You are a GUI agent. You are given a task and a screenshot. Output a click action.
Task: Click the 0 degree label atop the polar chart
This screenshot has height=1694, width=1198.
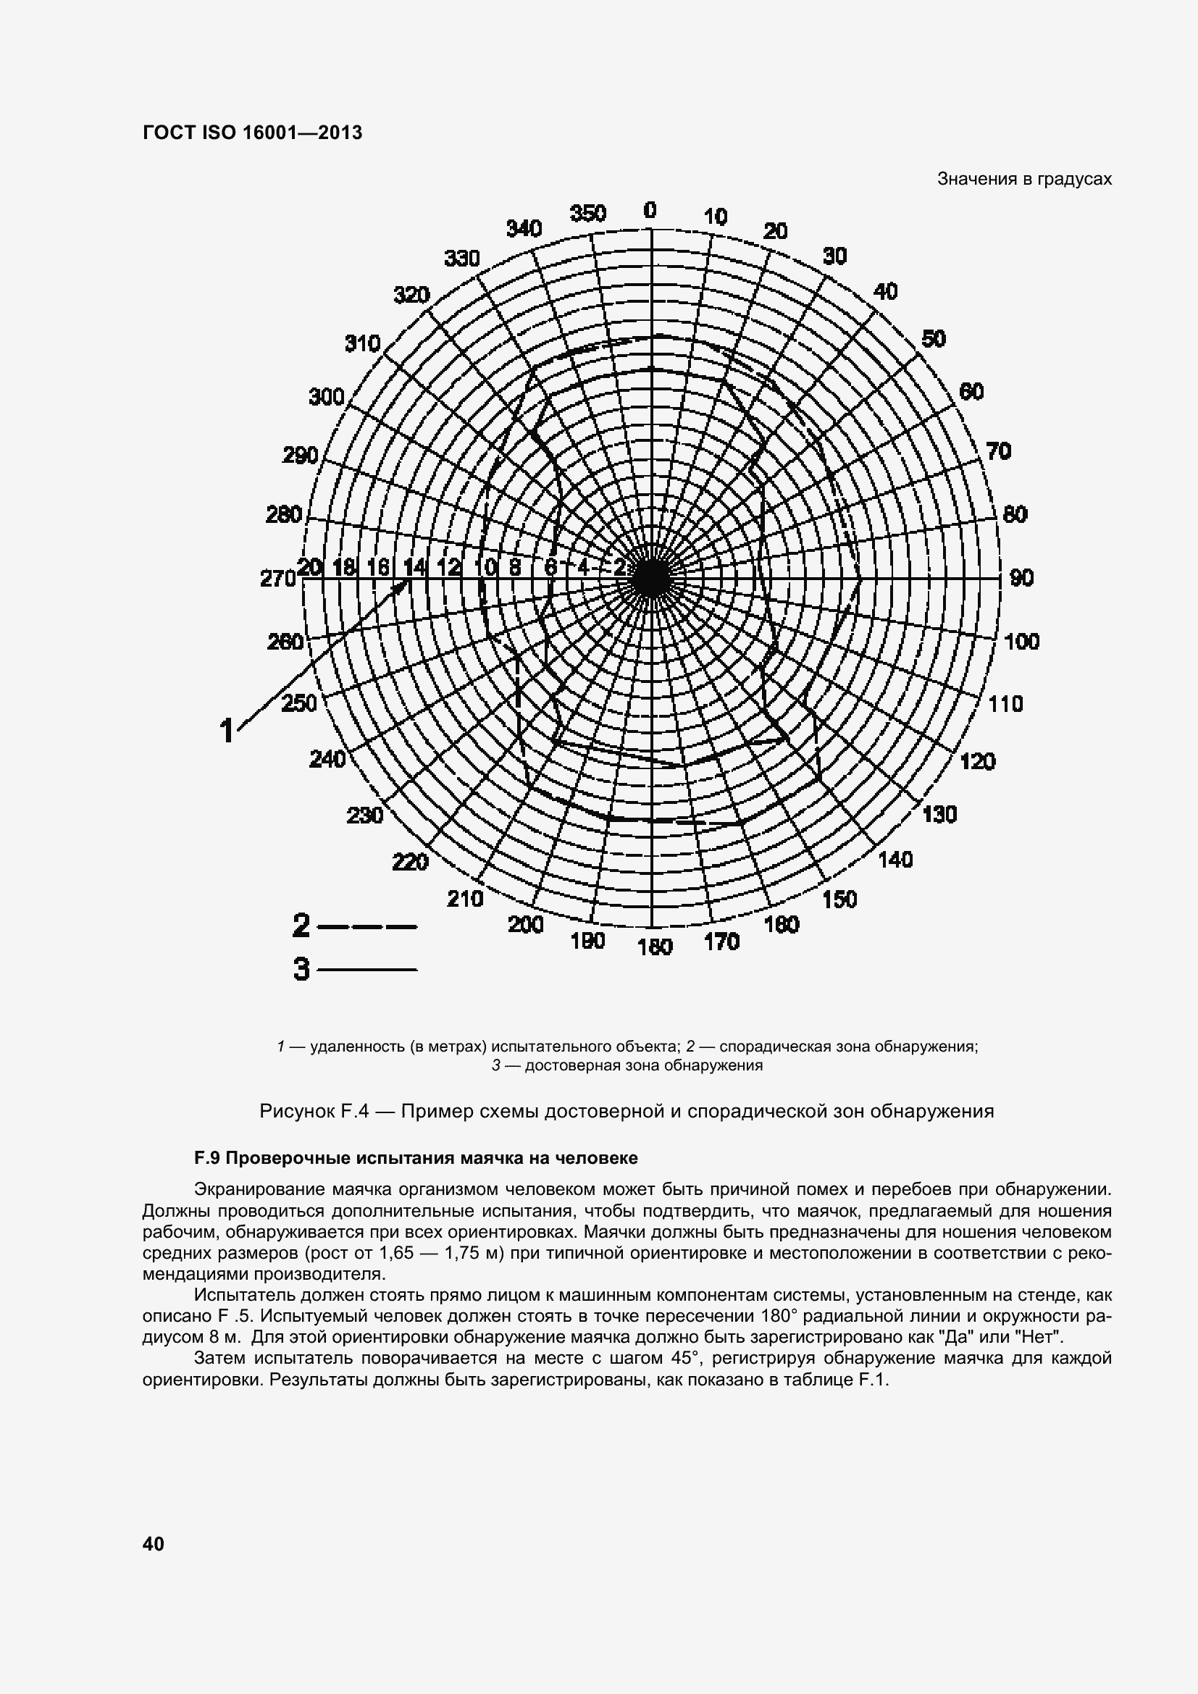(649, 210)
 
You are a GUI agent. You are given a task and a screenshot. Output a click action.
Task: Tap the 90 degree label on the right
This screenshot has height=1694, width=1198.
(1021, 578)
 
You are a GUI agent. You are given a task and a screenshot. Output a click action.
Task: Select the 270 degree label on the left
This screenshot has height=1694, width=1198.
(277, 579)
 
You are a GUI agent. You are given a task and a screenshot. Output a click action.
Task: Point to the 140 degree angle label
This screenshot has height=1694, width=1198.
(895, 860)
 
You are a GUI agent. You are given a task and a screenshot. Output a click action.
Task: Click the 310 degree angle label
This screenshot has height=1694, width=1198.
(362, 344)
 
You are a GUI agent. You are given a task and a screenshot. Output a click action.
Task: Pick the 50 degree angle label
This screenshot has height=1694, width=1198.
(933, 339)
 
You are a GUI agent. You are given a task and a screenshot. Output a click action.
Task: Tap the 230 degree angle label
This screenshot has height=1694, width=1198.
(364, 816)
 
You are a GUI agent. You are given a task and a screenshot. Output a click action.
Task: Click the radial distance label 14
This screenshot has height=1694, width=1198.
(414, 567)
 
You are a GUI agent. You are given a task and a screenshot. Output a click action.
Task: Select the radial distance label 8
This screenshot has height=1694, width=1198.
(515, 567)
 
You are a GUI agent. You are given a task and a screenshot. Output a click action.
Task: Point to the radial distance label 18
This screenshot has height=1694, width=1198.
(344, 567)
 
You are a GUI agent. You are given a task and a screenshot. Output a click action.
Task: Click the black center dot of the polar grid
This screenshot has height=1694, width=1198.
(650, 578)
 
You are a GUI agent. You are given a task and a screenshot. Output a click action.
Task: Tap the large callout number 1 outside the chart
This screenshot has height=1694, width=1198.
(227, 731)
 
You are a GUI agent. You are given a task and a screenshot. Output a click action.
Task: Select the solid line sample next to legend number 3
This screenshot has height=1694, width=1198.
(367, 970)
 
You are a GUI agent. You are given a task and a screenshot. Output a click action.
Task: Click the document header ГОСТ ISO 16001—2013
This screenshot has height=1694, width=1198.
(252, 133)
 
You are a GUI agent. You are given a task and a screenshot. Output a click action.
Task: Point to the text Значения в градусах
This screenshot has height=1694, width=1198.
(1024, 179)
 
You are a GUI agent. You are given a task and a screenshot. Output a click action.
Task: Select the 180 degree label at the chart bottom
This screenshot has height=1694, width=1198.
(655, 947)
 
